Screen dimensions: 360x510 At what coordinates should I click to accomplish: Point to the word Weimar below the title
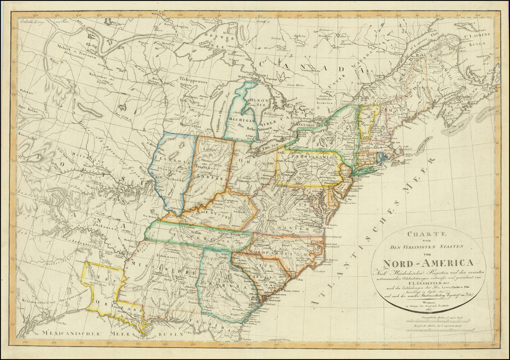click(422, 302)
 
